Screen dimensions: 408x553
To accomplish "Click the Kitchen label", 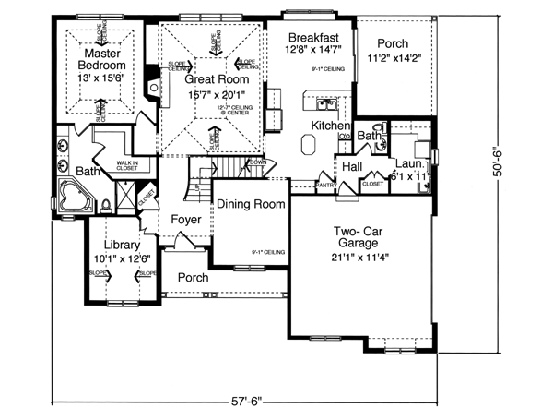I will [x=329, y=125].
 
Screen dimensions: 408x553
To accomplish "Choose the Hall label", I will [x=351, y=167].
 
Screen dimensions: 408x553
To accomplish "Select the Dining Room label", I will [x=251, y=207].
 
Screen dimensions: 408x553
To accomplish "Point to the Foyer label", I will [x=187, y=219].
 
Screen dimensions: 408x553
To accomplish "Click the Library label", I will [x=122, y=245].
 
